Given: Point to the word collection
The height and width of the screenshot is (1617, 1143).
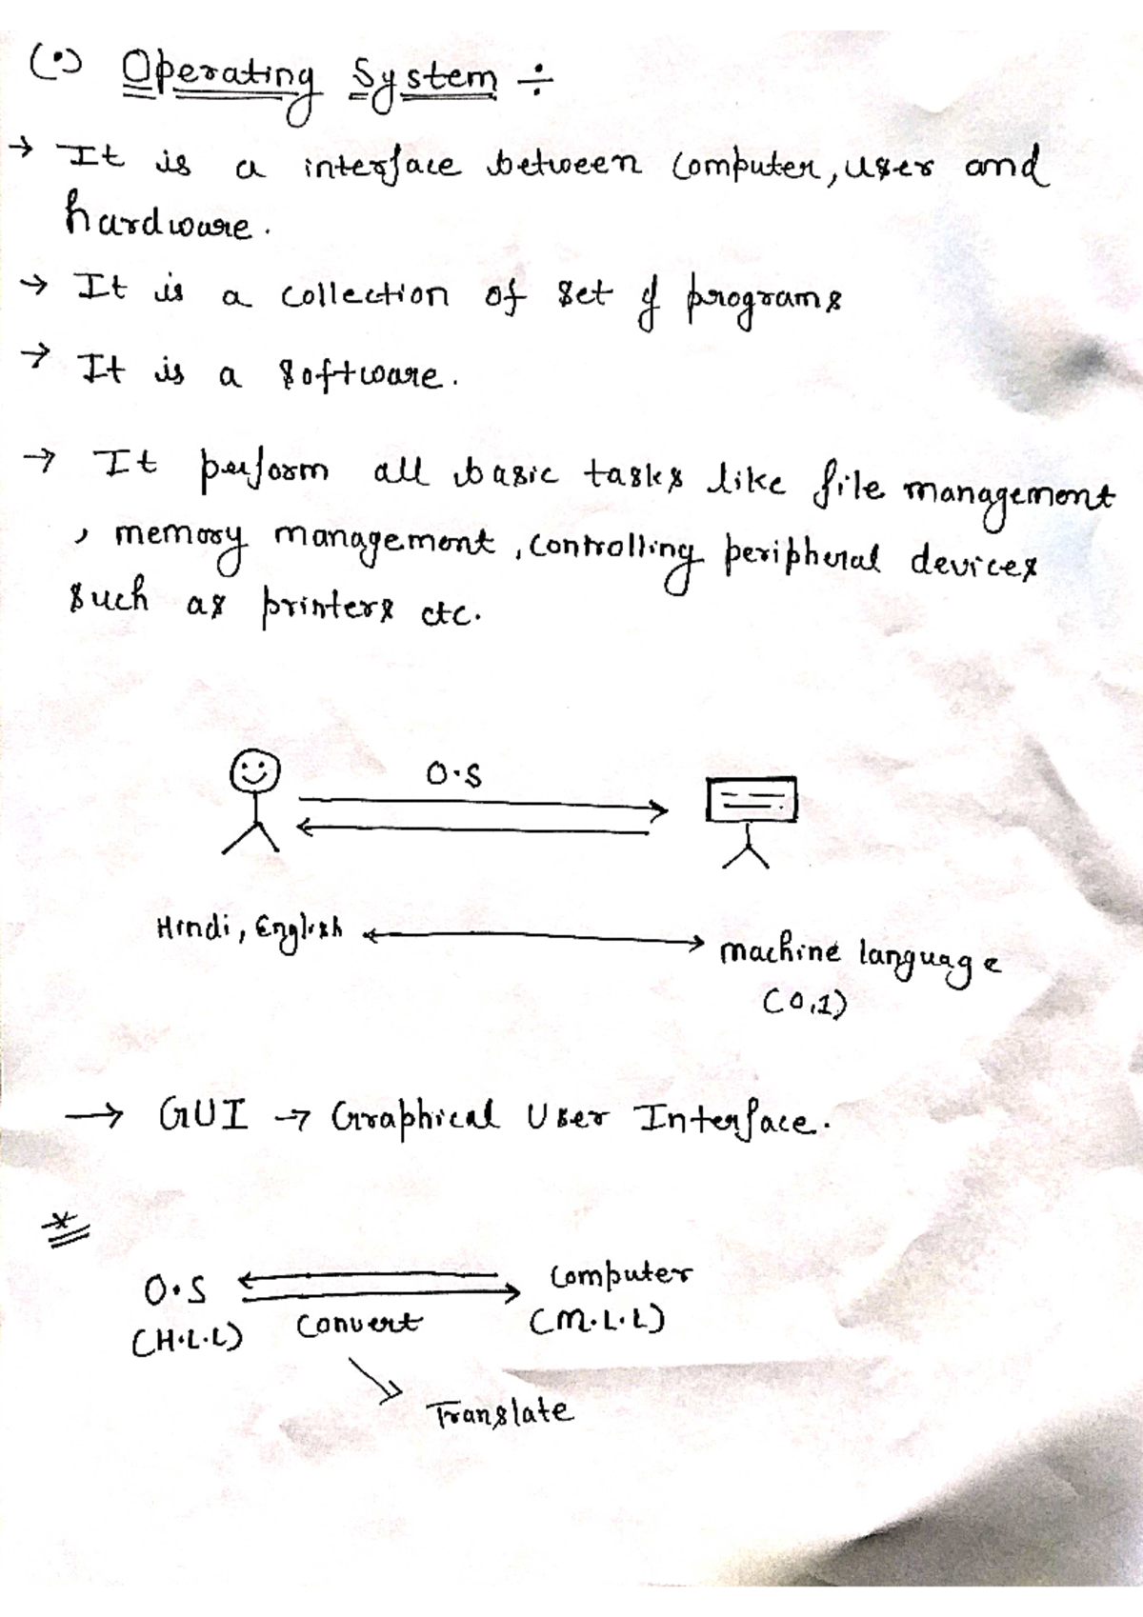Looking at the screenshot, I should point(364,296).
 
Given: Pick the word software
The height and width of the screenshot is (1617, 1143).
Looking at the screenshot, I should point(361,374).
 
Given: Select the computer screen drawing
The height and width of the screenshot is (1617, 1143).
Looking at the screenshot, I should point(752,800).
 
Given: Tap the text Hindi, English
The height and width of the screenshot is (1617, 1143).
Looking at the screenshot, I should point(250,928).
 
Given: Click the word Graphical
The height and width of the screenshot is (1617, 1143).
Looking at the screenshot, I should point(414,1115).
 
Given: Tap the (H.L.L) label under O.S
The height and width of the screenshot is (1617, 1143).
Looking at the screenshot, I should point(187,1341).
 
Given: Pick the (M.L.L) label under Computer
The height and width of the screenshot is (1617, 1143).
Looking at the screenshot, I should point(597,1321).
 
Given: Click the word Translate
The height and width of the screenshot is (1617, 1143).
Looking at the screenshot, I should point(501,1412).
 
